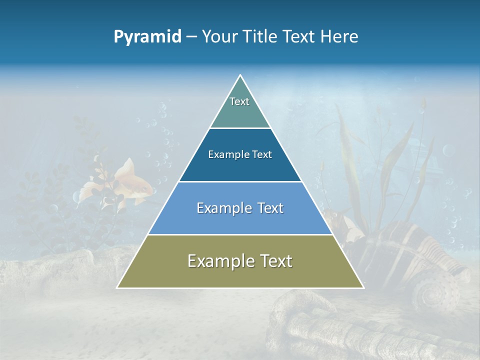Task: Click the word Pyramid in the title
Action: click(147, 36)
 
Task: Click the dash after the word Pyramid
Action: click(191, 37)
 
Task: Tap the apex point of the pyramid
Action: click(240, 75)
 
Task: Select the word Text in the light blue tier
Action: click(267, 208)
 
